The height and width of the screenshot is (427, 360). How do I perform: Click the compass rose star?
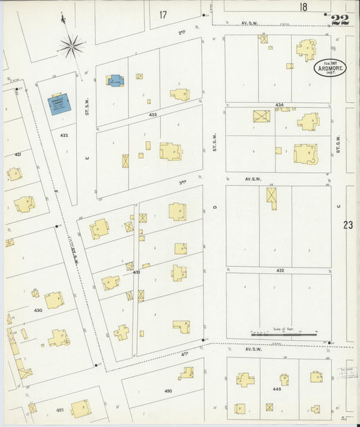coord(70,46)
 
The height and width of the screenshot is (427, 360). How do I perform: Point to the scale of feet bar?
coord(284,334)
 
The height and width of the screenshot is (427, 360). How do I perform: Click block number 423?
coord(153,115)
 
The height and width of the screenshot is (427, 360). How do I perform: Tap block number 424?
coord(279,105)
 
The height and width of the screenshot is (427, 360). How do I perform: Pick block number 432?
coord(279,270)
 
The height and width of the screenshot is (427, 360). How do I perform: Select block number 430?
coord(38,310)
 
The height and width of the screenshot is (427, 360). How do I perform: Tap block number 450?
coord(168,391)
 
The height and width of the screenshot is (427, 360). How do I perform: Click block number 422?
coord(63,135)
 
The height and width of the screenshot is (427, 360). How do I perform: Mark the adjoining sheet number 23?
coord(348,225)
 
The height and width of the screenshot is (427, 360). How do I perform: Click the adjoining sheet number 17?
coord(163,14)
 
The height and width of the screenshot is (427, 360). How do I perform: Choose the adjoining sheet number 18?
coord(303,7)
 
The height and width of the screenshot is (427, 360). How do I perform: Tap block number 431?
coord(136,272)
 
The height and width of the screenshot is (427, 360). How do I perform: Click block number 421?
coord(18,155)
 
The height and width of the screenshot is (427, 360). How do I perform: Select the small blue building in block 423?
coord(114,81)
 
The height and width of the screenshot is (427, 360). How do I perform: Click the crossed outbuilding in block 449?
coord(269,407)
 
